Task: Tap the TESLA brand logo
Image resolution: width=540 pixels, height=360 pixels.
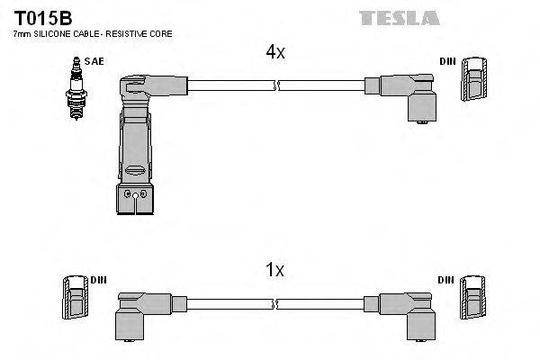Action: click(x=399, y=17)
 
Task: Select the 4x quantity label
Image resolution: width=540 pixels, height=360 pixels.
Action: click(x=275, y=52)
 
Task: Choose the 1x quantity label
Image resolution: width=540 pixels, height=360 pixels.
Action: click(x=275, y=269)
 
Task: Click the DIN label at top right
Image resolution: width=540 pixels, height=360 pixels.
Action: click(x=447, y=61)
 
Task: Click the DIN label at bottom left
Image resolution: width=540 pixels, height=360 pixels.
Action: click(x=98, y=280)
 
